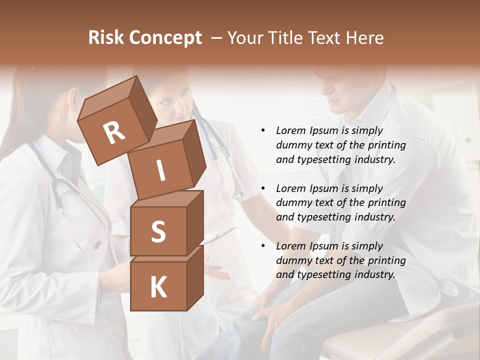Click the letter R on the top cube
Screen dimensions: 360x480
point(114,133)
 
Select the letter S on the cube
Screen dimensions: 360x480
point(158,231)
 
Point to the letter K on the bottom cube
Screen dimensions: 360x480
point(158,287)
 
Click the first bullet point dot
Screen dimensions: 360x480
point(263,131)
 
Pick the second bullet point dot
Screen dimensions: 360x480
point(263,189)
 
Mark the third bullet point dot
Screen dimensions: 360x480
point(263,246)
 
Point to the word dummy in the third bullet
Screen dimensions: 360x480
point(292,260)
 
